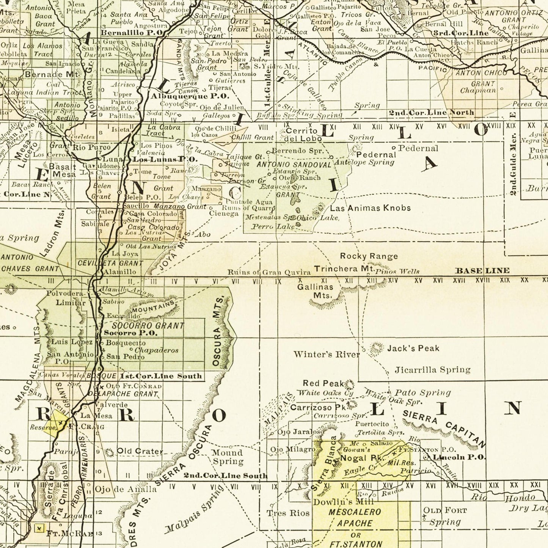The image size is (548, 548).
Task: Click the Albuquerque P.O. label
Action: [190, 96]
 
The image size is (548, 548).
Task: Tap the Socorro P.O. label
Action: [130, 333]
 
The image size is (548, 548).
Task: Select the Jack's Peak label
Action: [413, 348]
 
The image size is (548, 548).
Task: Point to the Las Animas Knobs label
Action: [370, 208]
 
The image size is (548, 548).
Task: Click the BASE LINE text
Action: [482, 270]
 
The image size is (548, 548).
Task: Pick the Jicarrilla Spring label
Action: [432, 369]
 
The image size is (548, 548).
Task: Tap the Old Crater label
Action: [140, 451]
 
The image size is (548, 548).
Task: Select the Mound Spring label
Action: [227, 457]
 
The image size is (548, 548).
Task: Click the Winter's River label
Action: [326, 355]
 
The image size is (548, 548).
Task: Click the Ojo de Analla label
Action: [125, 489]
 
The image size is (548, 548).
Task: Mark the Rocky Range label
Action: [369, 256]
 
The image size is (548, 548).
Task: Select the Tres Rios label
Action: [288, 513]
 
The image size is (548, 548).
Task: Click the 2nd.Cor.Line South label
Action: [226, 476]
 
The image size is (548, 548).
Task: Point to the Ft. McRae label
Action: [69, 534]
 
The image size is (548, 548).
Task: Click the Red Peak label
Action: [323, 383]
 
